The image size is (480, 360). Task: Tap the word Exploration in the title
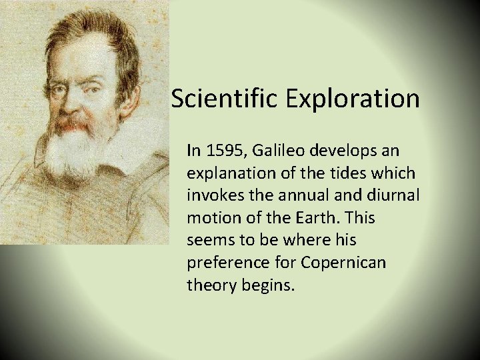353,99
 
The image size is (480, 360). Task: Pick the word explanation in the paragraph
229,173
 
